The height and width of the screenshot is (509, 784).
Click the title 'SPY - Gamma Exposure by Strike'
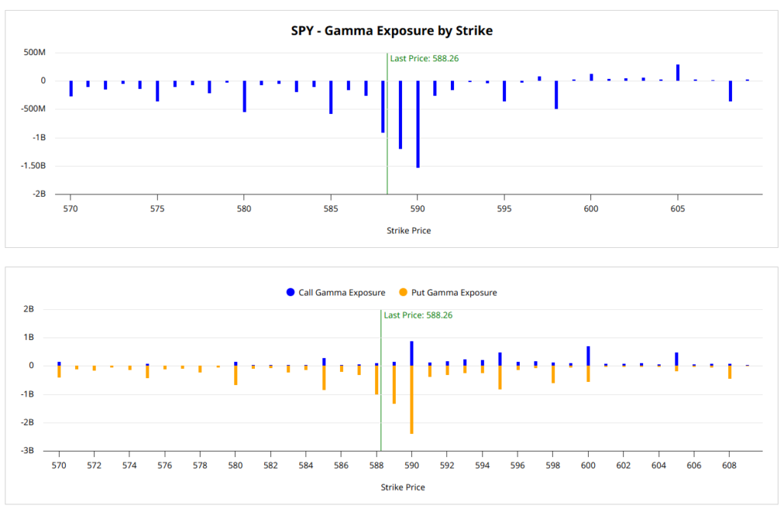pyautogui.click(x=391, y=31)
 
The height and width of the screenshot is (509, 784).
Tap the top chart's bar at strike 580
pyautogui.click(x=244, y=96)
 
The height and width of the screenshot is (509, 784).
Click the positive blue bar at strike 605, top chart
pyautogui.click(x=678, y=73)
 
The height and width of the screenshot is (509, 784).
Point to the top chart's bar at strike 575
pyautogui.click(x=157, y=90)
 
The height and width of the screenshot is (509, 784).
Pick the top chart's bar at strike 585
pyautogui.click(x=331, y=97)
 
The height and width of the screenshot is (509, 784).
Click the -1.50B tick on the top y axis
pyautogui.click(x=34, y=165)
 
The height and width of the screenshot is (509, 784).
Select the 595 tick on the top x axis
pyautogui.click(x=504, y=207)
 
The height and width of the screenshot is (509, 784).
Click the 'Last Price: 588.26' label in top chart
pyautogui.click(x=424, y=58)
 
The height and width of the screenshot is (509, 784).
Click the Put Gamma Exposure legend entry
pyautogui.click(x=448, y=292)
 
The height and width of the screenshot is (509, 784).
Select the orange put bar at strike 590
pyautogui.click(x=412, y=400)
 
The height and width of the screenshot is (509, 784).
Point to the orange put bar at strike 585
pyautogui.click(x=324, y=377)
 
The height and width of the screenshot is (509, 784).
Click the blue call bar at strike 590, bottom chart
pyautogui.click(x=412, y=354)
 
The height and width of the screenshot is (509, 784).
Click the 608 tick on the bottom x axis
pyautogui.click(x=729, y=465)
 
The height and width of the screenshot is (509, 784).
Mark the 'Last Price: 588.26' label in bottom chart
pyautogui.click(x=418, y=315)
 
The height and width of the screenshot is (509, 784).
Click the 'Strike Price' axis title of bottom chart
pyautogui.click(x=403, y=487)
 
